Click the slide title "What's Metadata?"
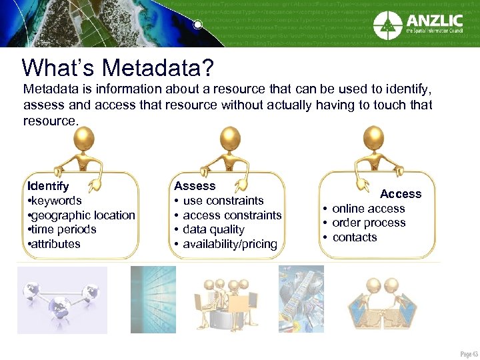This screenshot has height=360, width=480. [x=117, y=67]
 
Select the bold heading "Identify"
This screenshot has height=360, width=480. [x=47, y=186]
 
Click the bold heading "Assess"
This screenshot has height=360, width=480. [x=195, y=186]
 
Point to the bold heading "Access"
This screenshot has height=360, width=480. [x=401, y=194]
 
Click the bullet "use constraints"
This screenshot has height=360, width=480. [x=223, y=201]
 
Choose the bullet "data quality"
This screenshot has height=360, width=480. [x=213, y=229]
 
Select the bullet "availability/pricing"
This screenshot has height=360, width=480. [x=229, y=244]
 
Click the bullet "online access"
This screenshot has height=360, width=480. [x=368, y=209]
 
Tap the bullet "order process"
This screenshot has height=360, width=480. [x=369, y=223]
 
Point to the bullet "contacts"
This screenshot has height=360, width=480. [x=355, y=237]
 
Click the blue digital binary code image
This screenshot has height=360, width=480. [x=153, y=299]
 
